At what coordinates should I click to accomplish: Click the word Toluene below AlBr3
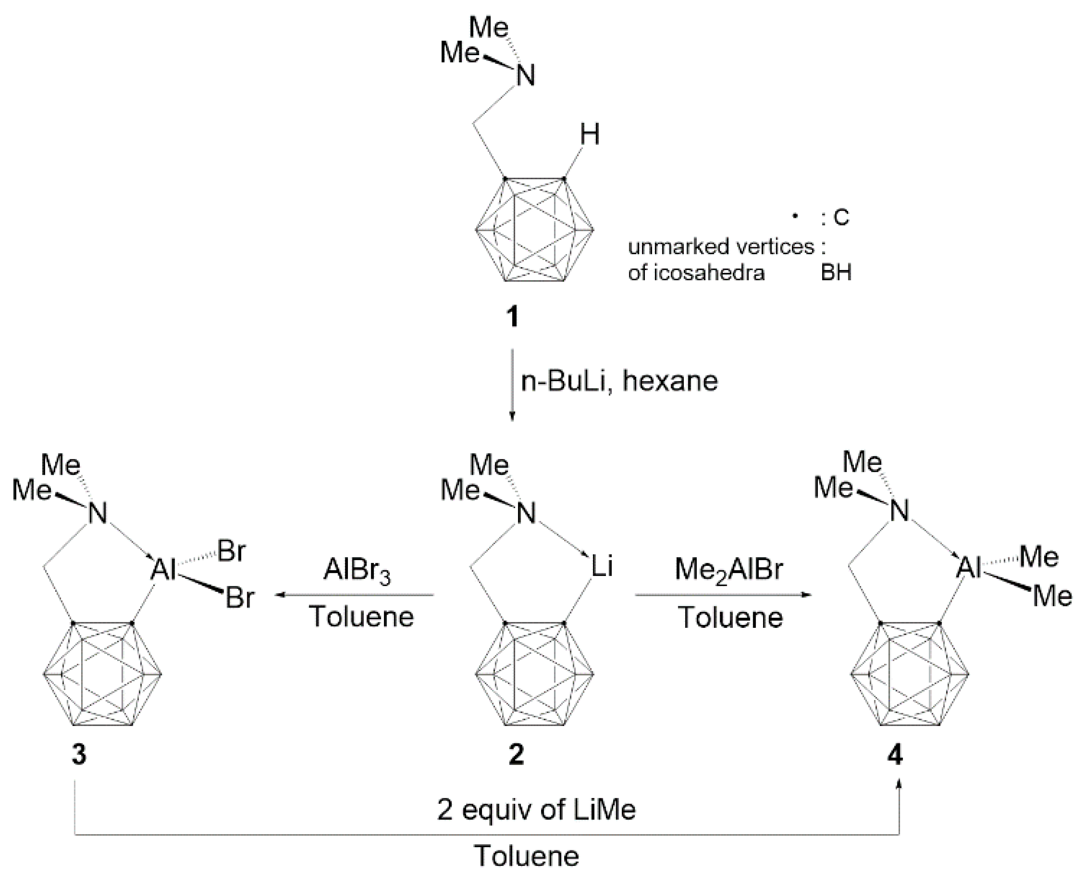coord(361,616)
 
